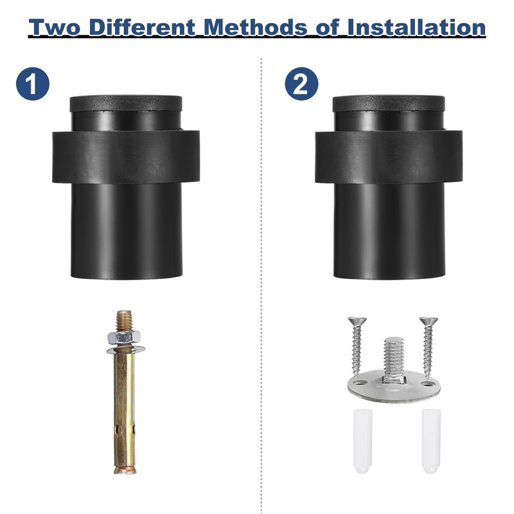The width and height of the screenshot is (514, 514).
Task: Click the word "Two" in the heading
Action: click(55, 27)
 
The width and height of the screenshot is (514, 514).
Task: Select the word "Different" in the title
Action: click(143, 27)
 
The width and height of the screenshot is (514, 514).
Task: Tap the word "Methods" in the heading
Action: click(256, 27)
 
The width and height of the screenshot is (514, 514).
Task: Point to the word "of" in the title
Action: click(327, 27)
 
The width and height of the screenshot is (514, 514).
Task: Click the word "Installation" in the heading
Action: click(416, 27)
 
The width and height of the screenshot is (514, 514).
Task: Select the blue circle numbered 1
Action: click(33, 84)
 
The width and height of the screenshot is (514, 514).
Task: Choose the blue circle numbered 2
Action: click(301, 84)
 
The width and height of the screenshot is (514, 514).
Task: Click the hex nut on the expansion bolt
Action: click(124, 337)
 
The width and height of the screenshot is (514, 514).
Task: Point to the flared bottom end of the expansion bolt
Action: click(125, 470)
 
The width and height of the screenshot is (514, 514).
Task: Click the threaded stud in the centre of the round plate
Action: click(395, 360)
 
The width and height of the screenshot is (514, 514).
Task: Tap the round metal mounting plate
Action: click(394, 387)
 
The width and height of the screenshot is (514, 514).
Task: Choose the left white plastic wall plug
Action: click(363, 441)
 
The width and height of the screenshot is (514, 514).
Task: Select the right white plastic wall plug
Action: click(431, 441)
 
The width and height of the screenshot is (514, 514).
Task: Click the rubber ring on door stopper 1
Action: click(126, 157)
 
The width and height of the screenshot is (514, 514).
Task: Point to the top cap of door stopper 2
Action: click(389, 103)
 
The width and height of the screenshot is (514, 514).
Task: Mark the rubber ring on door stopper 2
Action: click(389, 157)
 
